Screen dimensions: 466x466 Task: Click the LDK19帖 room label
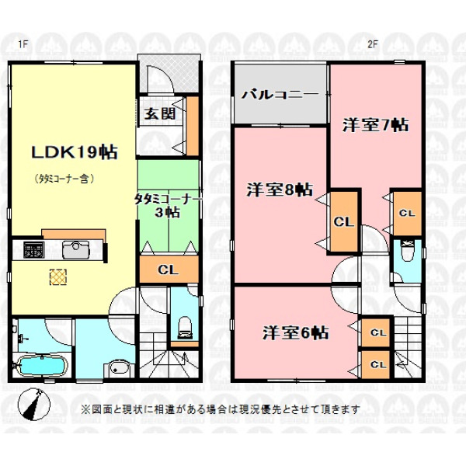tap(75, 152)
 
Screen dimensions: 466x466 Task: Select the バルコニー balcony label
tap(280, 95)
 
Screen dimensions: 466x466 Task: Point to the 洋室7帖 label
tap(376, 125)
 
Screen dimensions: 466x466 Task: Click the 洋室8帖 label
tap(280, 190)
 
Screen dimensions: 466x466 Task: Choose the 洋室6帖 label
tap(296, 332)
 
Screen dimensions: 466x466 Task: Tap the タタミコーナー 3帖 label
tap(168, 206)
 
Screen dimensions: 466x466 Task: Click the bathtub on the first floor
tap(42, 366)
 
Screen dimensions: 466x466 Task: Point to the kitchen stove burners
tap(34, 249)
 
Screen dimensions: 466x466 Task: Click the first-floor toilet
tap(185, 328)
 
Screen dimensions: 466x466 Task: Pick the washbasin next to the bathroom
tap(118, 369)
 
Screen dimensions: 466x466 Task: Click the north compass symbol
tap(34, 405)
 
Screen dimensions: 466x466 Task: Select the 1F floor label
tap(23, 44)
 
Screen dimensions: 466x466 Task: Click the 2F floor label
tap(372, 44)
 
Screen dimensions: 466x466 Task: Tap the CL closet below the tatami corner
tap(169, 270)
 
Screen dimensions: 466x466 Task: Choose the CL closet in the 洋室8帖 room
tap(344, 221)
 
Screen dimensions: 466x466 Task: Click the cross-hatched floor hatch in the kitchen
tap(58, 277)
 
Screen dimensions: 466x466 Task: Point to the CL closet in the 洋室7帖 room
tap(407, 214)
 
